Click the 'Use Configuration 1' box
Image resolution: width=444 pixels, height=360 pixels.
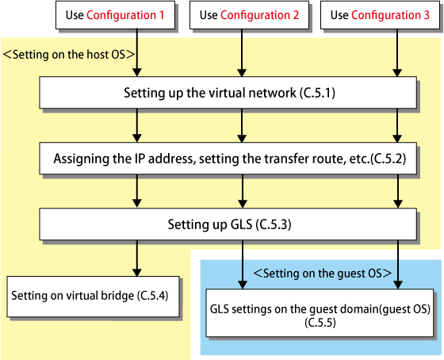pos(115,15)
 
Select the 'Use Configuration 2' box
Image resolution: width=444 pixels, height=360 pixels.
pos(249,15)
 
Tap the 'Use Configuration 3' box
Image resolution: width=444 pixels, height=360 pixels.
pos(380,15)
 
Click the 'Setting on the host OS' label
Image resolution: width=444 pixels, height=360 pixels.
pos(69,55)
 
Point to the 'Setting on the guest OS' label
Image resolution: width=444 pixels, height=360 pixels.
pos(323,274)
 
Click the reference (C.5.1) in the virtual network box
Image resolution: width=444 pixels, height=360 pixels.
pos(317,93)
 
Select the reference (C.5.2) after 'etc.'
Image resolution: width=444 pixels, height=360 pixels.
pos(388,159)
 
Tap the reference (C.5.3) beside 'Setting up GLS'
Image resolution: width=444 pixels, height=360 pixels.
pos(274,224)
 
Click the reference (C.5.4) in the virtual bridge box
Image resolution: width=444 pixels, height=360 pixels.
pos(153,296)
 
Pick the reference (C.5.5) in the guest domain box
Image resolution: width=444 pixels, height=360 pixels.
pos(320,323)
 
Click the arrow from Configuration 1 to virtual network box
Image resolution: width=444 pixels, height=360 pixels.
pos(137,52)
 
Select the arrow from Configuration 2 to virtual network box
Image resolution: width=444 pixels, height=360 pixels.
pos(242,52)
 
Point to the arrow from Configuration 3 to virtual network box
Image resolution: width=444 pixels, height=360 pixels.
pos(397,52)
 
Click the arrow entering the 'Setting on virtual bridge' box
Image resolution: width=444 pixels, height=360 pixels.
pos(137,259)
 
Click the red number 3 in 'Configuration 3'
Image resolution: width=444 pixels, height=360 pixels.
pos(427,15)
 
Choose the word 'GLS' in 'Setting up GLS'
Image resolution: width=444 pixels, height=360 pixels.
pos(241,224)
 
